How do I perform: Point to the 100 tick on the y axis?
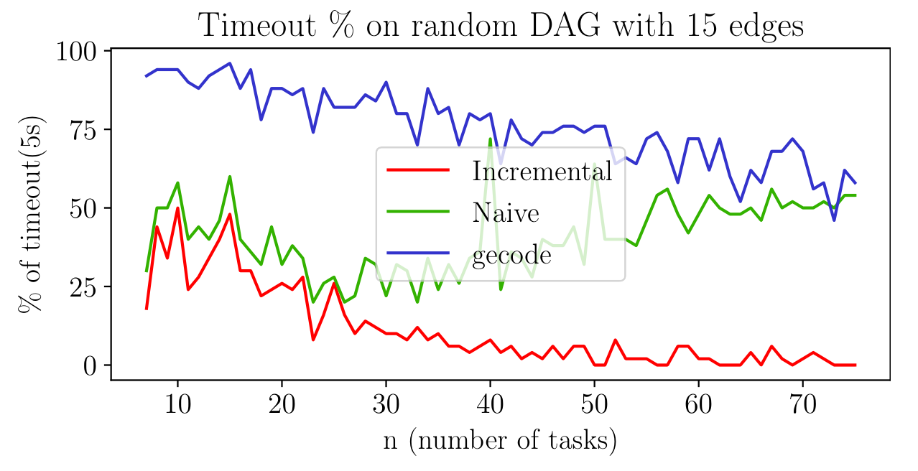79,51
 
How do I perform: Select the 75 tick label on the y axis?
86,129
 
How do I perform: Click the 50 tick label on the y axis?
86,208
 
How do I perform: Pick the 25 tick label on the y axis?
86,286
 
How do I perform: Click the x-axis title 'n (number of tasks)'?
500,439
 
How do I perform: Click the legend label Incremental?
542,171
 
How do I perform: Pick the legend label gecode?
511,255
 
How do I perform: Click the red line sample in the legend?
418,170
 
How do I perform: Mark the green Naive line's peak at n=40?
490,139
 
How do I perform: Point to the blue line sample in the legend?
418,253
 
